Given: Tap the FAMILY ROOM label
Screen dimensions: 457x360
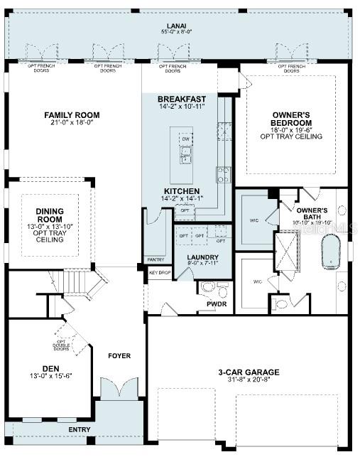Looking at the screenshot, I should (72, 115).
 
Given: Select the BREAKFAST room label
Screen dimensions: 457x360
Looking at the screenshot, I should (182, 99).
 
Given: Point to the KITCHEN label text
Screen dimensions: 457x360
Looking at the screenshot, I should (182, 191).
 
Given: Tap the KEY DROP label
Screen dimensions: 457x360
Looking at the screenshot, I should (159, 272).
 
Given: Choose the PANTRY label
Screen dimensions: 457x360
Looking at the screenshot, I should (155, 259).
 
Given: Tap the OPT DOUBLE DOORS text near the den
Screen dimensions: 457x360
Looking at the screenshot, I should (62, 345).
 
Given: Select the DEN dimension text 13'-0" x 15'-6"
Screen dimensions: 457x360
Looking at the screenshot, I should (50, 375).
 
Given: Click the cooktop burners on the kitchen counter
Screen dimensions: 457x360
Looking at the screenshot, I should (224, 175).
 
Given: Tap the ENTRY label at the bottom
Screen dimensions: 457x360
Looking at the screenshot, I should (79, 430).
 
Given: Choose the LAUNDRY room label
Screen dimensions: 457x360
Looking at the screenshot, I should (202, 257).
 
